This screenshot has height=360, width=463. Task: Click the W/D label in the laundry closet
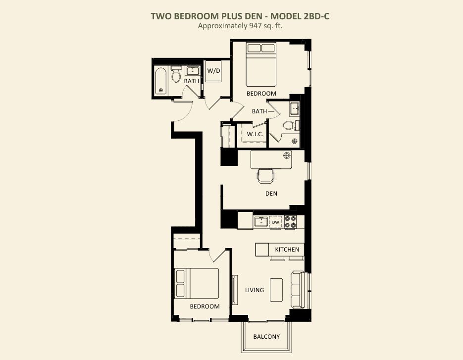click(213, 71)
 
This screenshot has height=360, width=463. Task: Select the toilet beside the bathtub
click(176, 74)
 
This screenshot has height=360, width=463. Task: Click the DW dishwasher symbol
click(275, 222)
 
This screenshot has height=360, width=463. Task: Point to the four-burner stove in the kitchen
click(290, 222)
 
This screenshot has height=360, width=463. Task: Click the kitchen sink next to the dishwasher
click(261, 221)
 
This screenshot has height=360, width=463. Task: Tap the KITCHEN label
click(287, 250)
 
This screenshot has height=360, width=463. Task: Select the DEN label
click(271, 194)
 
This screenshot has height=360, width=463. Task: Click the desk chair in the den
click(265, 176)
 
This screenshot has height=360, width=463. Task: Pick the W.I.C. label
click(255, 134)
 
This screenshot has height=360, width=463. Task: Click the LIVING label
click(255, 290)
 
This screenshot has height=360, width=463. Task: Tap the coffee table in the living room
click(276, 290)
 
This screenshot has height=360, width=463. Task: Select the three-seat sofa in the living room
click(297, 290)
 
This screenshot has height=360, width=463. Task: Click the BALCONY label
click(266, 337)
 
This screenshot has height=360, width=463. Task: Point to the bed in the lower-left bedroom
click(197, 284)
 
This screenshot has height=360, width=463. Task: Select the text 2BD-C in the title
click(316, 16)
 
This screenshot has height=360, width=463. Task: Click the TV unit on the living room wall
click(235, 289)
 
